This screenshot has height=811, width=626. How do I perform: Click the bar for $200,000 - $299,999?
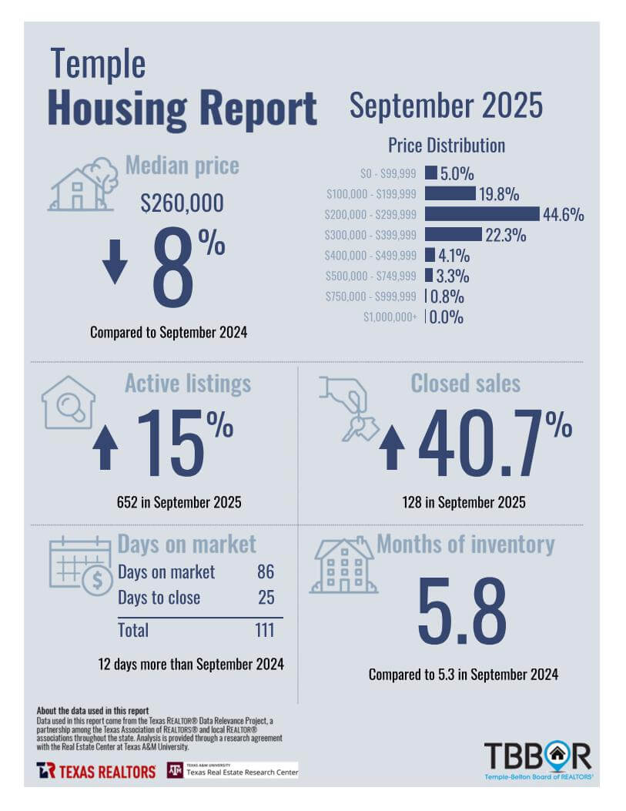pyautogui.click(x=482, y=214)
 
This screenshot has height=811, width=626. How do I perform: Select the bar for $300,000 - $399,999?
pyautogui.click(x=453, y=234)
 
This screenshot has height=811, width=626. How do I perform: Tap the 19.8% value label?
pyautogui.click(x=499, y=194)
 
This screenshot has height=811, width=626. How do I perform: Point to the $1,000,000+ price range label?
pyautogui.click(x=391, y=317)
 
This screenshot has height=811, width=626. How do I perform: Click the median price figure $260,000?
pyautogui.click(x=182, y=203)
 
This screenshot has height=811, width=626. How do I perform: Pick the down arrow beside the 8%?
pyautogui.click(x=115, y=261)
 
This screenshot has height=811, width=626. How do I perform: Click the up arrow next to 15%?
pyautogui.click(x=105, y=447)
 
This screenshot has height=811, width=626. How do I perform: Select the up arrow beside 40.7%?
pyautogui.click(x=391, y=447)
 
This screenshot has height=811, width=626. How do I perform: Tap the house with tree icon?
pyautogui.click(x=83, y=185)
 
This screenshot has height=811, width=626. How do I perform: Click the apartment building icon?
pyautogui.click(x=343, y=566)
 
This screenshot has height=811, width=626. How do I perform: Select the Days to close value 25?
pyautogui.click(x=265, y=598)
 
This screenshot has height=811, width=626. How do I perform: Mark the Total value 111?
pyautogui.click(x=264, y=630)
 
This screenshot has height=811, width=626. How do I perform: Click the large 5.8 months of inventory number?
pyautogui.click(x=462, y=612)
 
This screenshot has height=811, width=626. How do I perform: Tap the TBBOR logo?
pyautogui.click(x=537, y=759)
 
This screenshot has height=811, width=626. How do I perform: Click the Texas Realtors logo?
pyautogui.click(x=96, y=770)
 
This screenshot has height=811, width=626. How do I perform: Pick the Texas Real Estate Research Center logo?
pyautogui.click(x=233, y=770)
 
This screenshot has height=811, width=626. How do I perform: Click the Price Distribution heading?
pyautogui.click(x=446, y=146)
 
